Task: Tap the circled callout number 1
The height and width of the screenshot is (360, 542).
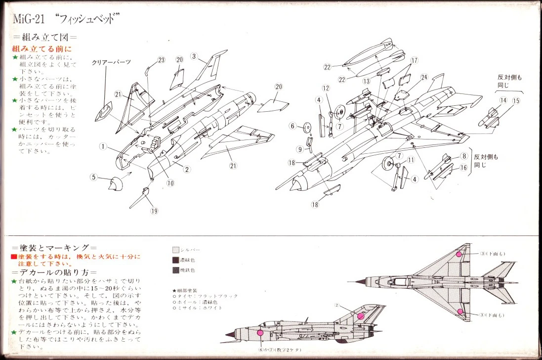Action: click(x=103, y=146)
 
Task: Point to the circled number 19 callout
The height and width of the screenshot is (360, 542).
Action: click(x=154, y=211)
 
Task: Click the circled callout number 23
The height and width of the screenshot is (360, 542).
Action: click(x=161, y=60)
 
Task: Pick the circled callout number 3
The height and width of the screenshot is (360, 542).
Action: click(x=194, y=56)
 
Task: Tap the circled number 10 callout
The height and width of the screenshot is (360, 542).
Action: click(x=170, y=182)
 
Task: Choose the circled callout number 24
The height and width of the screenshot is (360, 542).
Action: click(x=424, y=77)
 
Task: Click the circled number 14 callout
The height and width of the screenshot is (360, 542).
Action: click(x=503, y=100)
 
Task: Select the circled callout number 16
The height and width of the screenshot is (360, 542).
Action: click(x=463, y=168)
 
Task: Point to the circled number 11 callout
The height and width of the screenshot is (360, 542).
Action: click(x=411, y=160)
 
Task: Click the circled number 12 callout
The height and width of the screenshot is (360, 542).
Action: click(x=326, y=88)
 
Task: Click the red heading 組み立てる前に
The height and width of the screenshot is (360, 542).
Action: click(x=42, y=49)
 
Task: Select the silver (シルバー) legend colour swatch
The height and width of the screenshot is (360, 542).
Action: click(x=176, y=250)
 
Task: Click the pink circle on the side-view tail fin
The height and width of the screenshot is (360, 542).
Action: click(x=361, y=315)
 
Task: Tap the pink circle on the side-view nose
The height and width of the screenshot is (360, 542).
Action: click(x=260, y=333)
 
